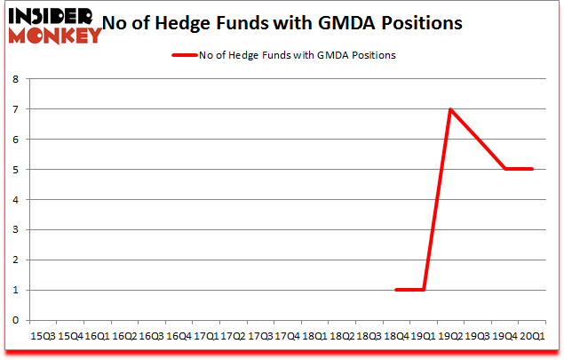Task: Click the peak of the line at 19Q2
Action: click(451, 109)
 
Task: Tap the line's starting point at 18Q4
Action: click(397, 290)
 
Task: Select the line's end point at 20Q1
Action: click(532, 170)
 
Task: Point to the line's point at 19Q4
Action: click(505, 170)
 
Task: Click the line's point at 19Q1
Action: click(424, 290)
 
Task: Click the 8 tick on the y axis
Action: click(15, 79)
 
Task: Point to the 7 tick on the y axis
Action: click(15, 109)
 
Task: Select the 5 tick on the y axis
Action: click(15, 170)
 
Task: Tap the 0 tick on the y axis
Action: click(15, 320)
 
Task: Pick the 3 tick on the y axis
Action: click(15, 229)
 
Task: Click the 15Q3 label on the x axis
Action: click(43, 337)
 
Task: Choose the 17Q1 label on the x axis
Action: click(206, 337)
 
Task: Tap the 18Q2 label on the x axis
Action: click(343, 337)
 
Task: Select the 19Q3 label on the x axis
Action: click(479, 337)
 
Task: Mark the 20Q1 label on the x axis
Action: click(533, 337)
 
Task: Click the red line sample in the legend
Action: click(185, 55)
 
